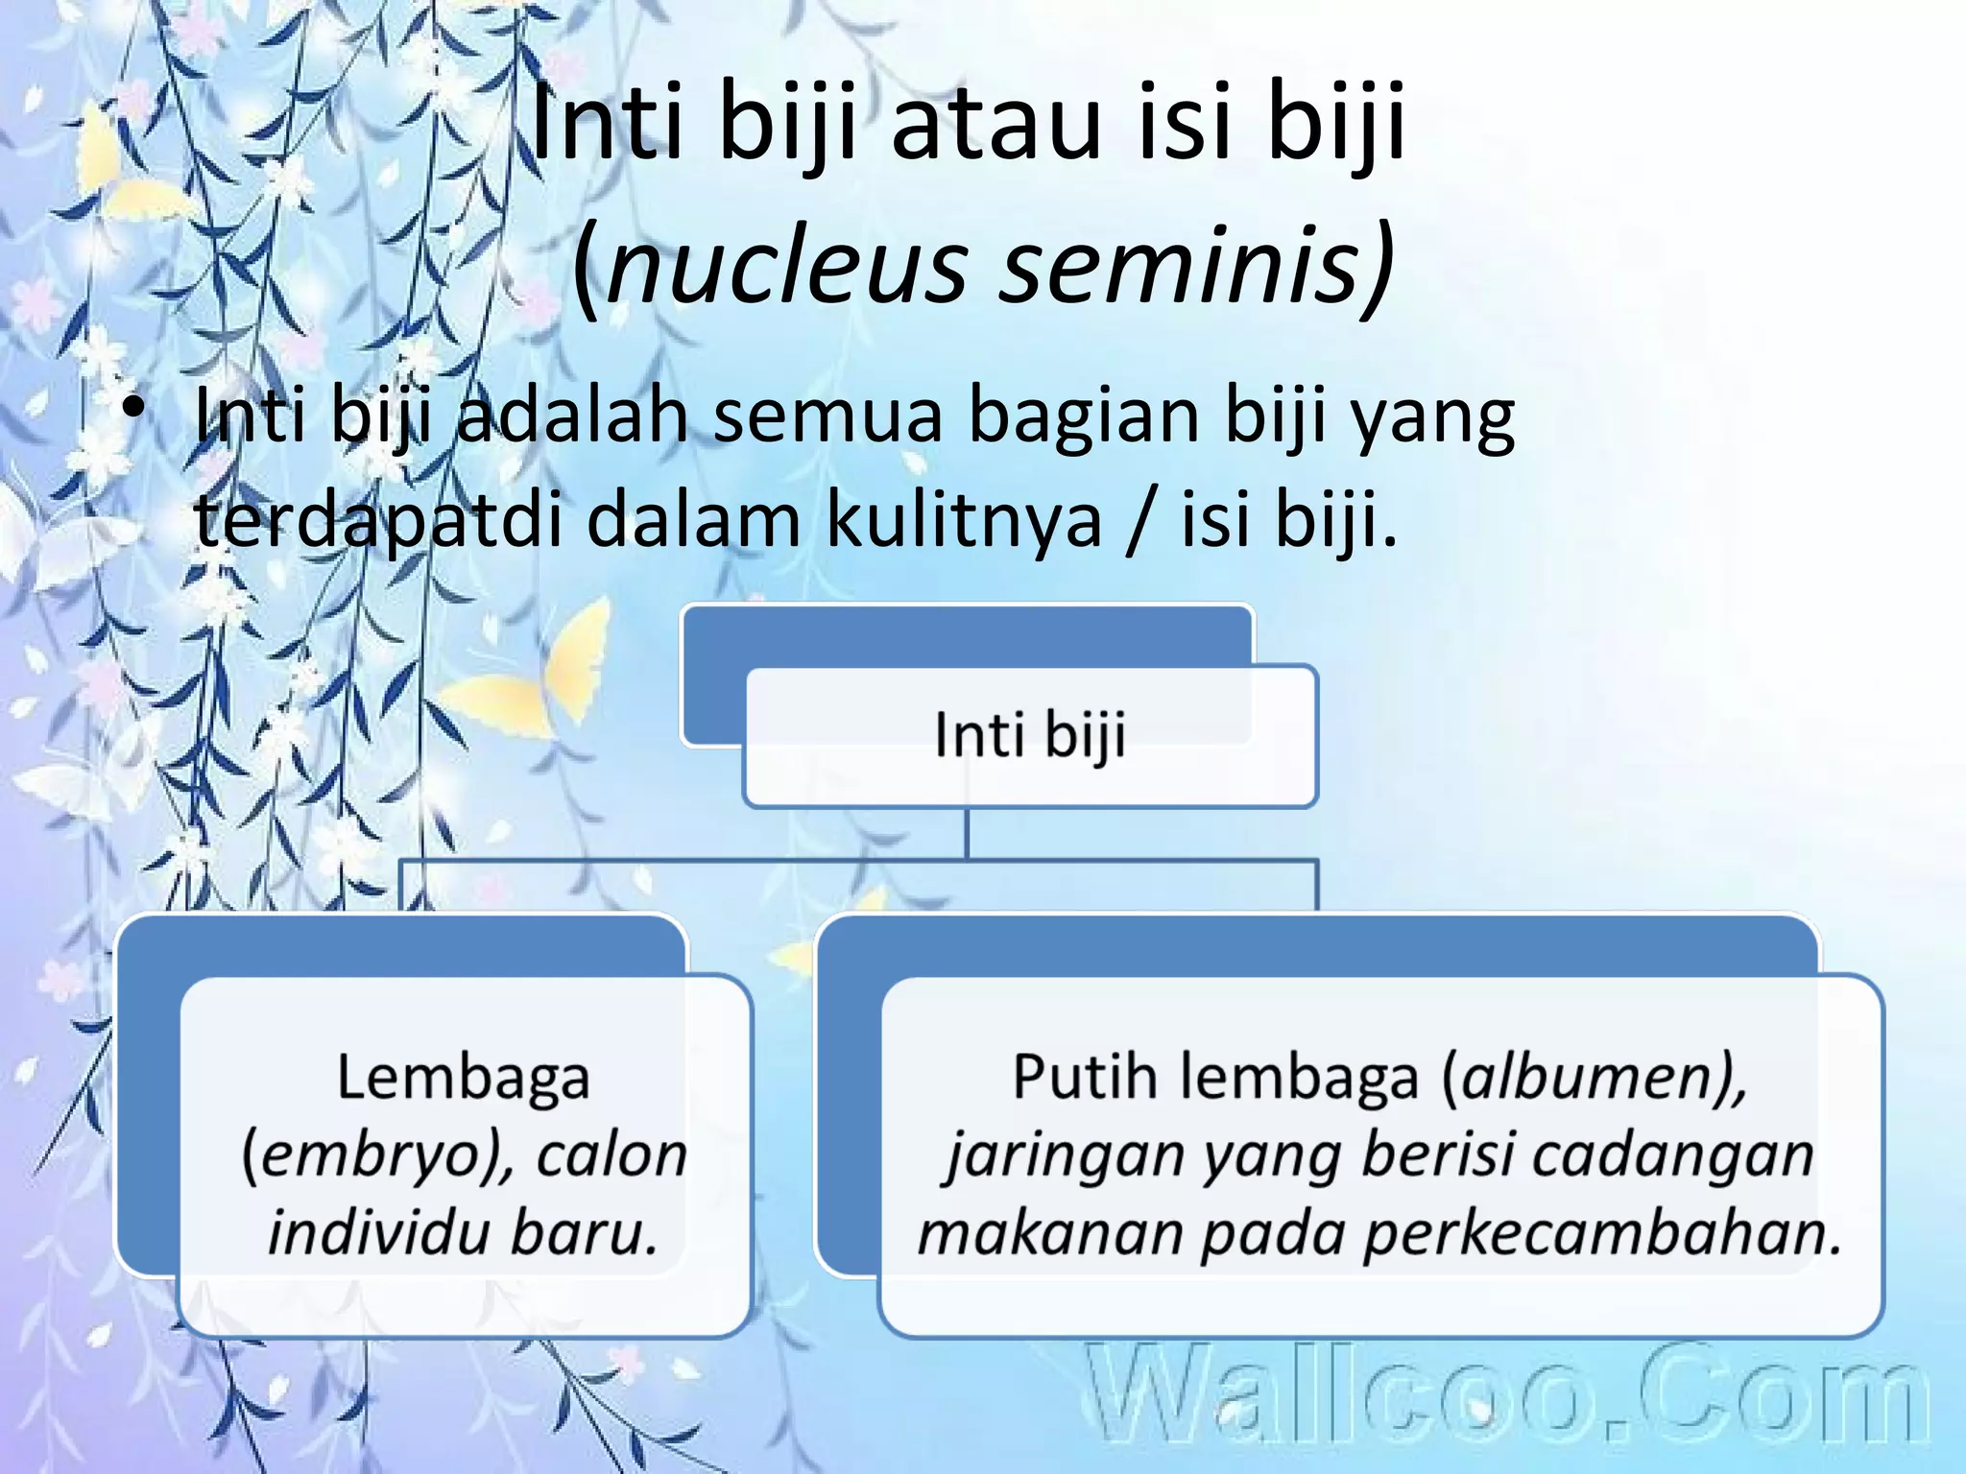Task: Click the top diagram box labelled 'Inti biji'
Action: coord(1030,735)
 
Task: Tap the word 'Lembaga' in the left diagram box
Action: coord(463,1077)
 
